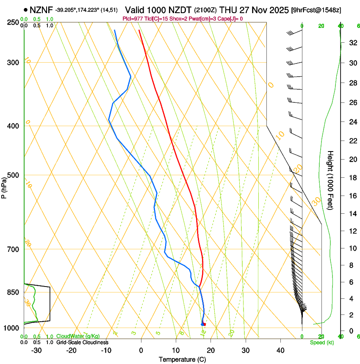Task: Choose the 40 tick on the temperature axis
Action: pos(280,350)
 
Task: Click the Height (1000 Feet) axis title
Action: pos(330,180)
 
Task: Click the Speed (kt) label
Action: pos(322,342)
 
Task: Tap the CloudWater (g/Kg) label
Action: pos(78,336)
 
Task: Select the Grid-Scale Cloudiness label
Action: pos(82,342)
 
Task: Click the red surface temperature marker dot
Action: pos(204,324)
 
